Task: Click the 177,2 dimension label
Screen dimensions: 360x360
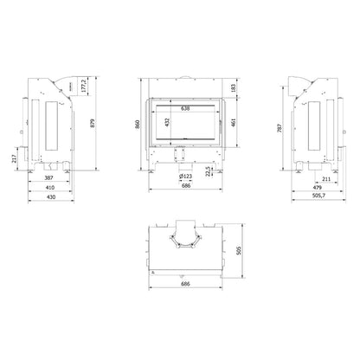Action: click(x=84, y=86)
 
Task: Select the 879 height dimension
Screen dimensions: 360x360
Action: click(x=93, y=123)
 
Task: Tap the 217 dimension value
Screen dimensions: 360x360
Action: click(x=14, y=158)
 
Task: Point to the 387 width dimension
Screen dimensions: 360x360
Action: click(x=48, y=178)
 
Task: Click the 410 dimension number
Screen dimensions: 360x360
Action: click(x=50, y=188)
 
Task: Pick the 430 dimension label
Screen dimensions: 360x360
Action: click(x=51, y=197)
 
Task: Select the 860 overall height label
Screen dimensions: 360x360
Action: click(x=138, y=124)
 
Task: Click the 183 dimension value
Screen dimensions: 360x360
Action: click(x=234, y=87)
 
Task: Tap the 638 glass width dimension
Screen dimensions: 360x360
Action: click(x=185, y=109)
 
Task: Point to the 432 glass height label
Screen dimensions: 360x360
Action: click(x=168, y=122)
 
